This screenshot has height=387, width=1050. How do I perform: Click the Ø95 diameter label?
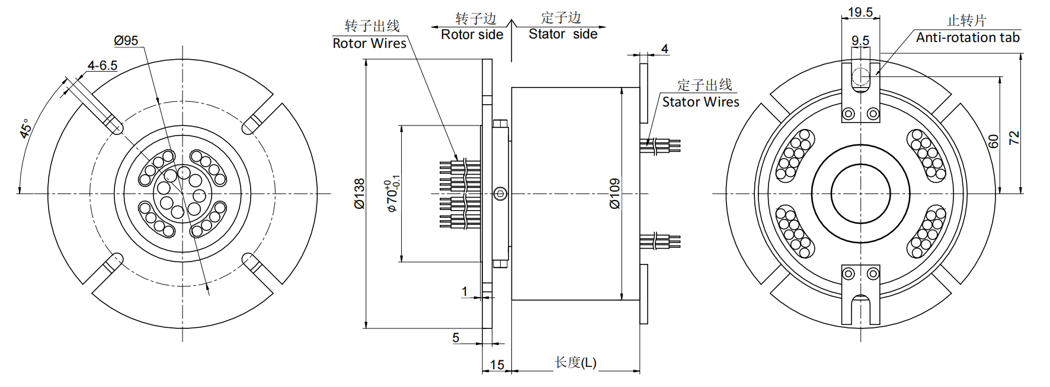126,41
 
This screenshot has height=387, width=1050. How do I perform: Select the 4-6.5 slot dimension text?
102,65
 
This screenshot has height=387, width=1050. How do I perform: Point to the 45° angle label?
26,128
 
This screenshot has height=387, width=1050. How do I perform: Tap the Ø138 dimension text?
360,193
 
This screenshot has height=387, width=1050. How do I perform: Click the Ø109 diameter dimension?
614,193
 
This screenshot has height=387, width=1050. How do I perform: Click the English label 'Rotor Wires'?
369,43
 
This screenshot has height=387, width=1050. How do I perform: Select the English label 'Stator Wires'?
700,102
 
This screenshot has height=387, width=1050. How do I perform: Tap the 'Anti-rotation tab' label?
968,38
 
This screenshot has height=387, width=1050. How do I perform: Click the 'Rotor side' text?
472,35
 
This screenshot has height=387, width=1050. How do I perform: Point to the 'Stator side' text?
563,34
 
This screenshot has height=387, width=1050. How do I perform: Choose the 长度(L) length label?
575,362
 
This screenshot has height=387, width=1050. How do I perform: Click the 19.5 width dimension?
860,12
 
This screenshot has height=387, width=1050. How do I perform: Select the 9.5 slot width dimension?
860,40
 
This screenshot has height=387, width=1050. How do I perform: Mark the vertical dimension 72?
1014,138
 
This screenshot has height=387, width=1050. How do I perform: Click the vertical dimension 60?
993,141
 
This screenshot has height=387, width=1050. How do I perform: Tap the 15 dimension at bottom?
497,365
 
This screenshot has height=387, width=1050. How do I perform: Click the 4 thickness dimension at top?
665,49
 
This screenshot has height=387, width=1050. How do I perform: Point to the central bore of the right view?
860,193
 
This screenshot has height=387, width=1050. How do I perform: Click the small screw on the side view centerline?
501,193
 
